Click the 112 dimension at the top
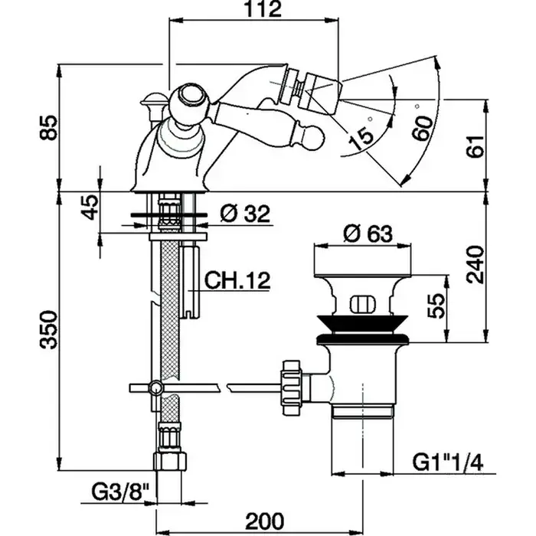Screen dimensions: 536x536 (x=256, y=10)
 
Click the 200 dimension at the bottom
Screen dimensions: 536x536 (x=264, y=521)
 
